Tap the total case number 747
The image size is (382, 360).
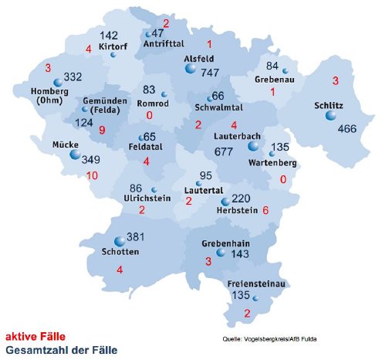[210, 72]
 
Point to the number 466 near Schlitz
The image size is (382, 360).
[347, 127]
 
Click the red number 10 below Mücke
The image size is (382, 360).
[93, 175]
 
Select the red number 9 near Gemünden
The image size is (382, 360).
[102, 131]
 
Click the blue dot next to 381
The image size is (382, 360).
[119, 241]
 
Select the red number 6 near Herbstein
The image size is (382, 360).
[265, 210]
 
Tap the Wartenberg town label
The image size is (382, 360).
[273, 163]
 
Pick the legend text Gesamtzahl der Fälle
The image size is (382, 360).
[62, 350]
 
